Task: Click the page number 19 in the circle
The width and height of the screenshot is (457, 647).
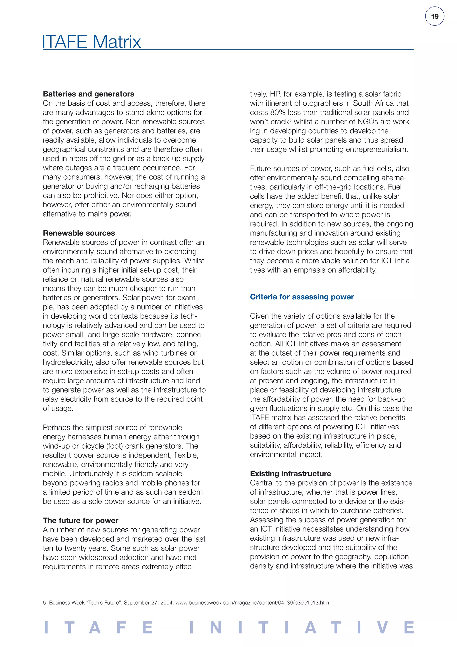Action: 434,16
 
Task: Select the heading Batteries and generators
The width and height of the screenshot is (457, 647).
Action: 88,94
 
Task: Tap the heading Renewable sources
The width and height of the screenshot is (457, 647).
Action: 79,233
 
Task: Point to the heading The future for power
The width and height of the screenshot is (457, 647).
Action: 81,521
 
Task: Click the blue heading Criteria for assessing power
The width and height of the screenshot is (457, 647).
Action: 302,297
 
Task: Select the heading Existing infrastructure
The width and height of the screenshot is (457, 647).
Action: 290,474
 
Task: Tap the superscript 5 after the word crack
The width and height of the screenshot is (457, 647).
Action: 290,120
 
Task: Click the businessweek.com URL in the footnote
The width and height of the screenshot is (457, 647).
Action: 252,603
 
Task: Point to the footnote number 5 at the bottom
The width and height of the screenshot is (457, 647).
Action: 44,603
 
